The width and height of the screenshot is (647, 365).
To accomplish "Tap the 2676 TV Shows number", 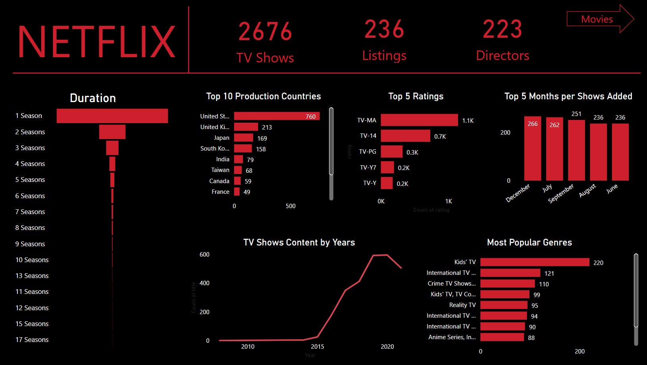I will [265, 31].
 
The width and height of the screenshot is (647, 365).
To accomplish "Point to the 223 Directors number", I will [502, 29].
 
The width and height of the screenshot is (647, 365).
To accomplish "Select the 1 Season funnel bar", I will [112, 116].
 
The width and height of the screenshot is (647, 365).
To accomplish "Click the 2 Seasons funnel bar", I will [112, 132].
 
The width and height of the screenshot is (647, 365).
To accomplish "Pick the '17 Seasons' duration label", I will [32, 340].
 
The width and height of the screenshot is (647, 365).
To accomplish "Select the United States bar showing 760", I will [277, 116].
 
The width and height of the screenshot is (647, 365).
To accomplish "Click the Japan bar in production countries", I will [243, 138].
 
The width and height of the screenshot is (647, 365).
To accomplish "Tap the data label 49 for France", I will [247, 192].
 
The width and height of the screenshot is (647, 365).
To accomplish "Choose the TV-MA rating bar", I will [419, 120].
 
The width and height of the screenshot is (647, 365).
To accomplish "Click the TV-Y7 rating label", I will [368, 168].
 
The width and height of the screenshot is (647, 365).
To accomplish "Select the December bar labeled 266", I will [533, 149].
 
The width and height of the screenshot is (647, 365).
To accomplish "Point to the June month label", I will [612, 188].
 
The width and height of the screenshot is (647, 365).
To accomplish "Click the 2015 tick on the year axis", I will [318, 347].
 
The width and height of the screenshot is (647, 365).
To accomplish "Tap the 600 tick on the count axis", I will [204, 255].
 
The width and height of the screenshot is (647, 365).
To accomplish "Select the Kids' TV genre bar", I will [535, 262].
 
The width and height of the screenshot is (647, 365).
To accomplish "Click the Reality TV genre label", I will [462, 305].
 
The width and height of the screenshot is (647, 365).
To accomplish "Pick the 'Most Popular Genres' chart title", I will [530, 242].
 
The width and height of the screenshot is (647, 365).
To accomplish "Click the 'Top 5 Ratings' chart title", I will [416, 96].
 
